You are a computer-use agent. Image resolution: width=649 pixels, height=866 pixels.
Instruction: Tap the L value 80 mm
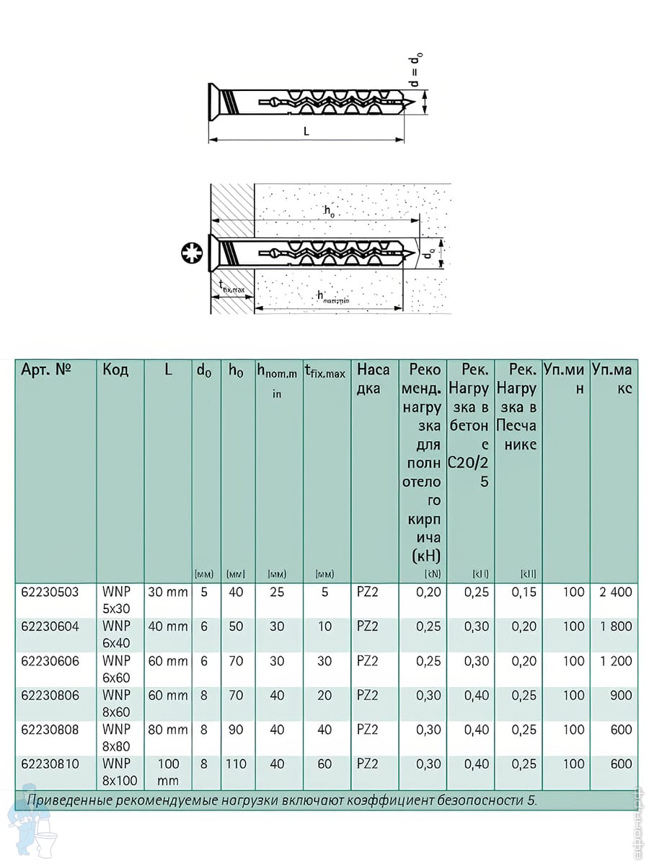coord(167,730)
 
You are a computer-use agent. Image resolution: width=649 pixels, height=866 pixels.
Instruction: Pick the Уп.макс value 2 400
coord(615,592)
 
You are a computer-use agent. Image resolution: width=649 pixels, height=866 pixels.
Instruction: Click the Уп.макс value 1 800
coord(615,626)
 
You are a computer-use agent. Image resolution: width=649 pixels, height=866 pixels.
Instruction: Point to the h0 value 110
coord(236,764)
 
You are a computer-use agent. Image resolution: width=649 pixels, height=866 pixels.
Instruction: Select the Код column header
coord(115,370)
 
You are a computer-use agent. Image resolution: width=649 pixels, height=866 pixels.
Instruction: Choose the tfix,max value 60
coord(325,764)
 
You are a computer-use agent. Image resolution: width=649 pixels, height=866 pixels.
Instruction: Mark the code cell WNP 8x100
coord(120,771)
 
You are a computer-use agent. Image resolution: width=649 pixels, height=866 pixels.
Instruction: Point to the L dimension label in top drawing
coord(306,131)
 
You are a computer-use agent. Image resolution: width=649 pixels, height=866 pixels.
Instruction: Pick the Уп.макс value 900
coord(620,695)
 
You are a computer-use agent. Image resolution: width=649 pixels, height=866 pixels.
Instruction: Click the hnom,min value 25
coord(277,592)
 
